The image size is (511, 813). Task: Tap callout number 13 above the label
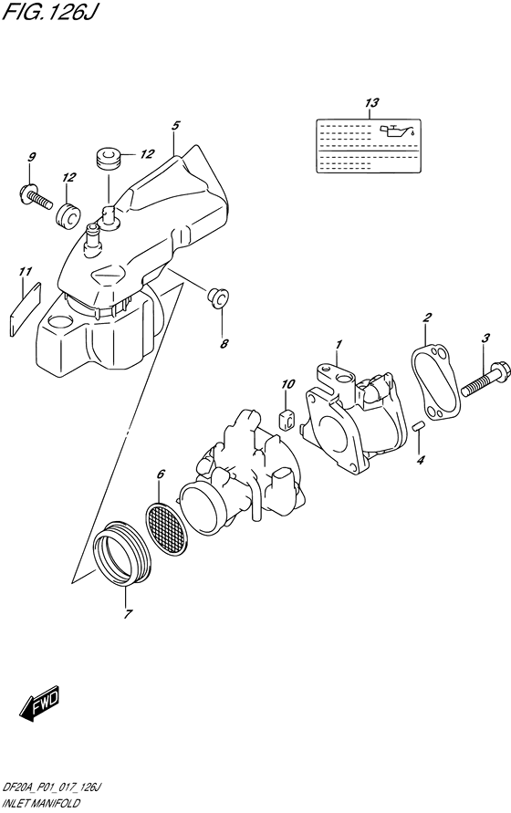(370, 104)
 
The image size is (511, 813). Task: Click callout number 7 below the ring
(127, 613)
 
